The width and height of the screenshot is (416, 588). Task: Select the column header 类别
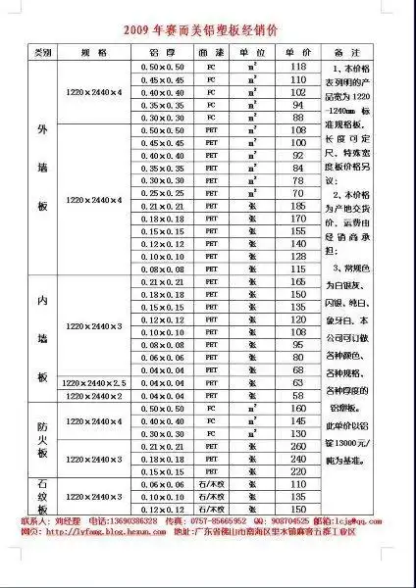click(42, 51)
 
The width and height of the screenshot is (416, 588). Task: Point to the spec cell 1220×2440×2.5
click(95, 382)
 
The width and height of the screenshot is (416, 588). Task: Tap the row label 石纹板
click(42, 496)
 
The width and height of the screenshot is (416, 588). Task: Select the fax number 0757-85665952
click(220, 521)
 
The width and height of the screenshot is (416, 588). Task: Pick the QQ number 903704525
click(295, 521)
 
